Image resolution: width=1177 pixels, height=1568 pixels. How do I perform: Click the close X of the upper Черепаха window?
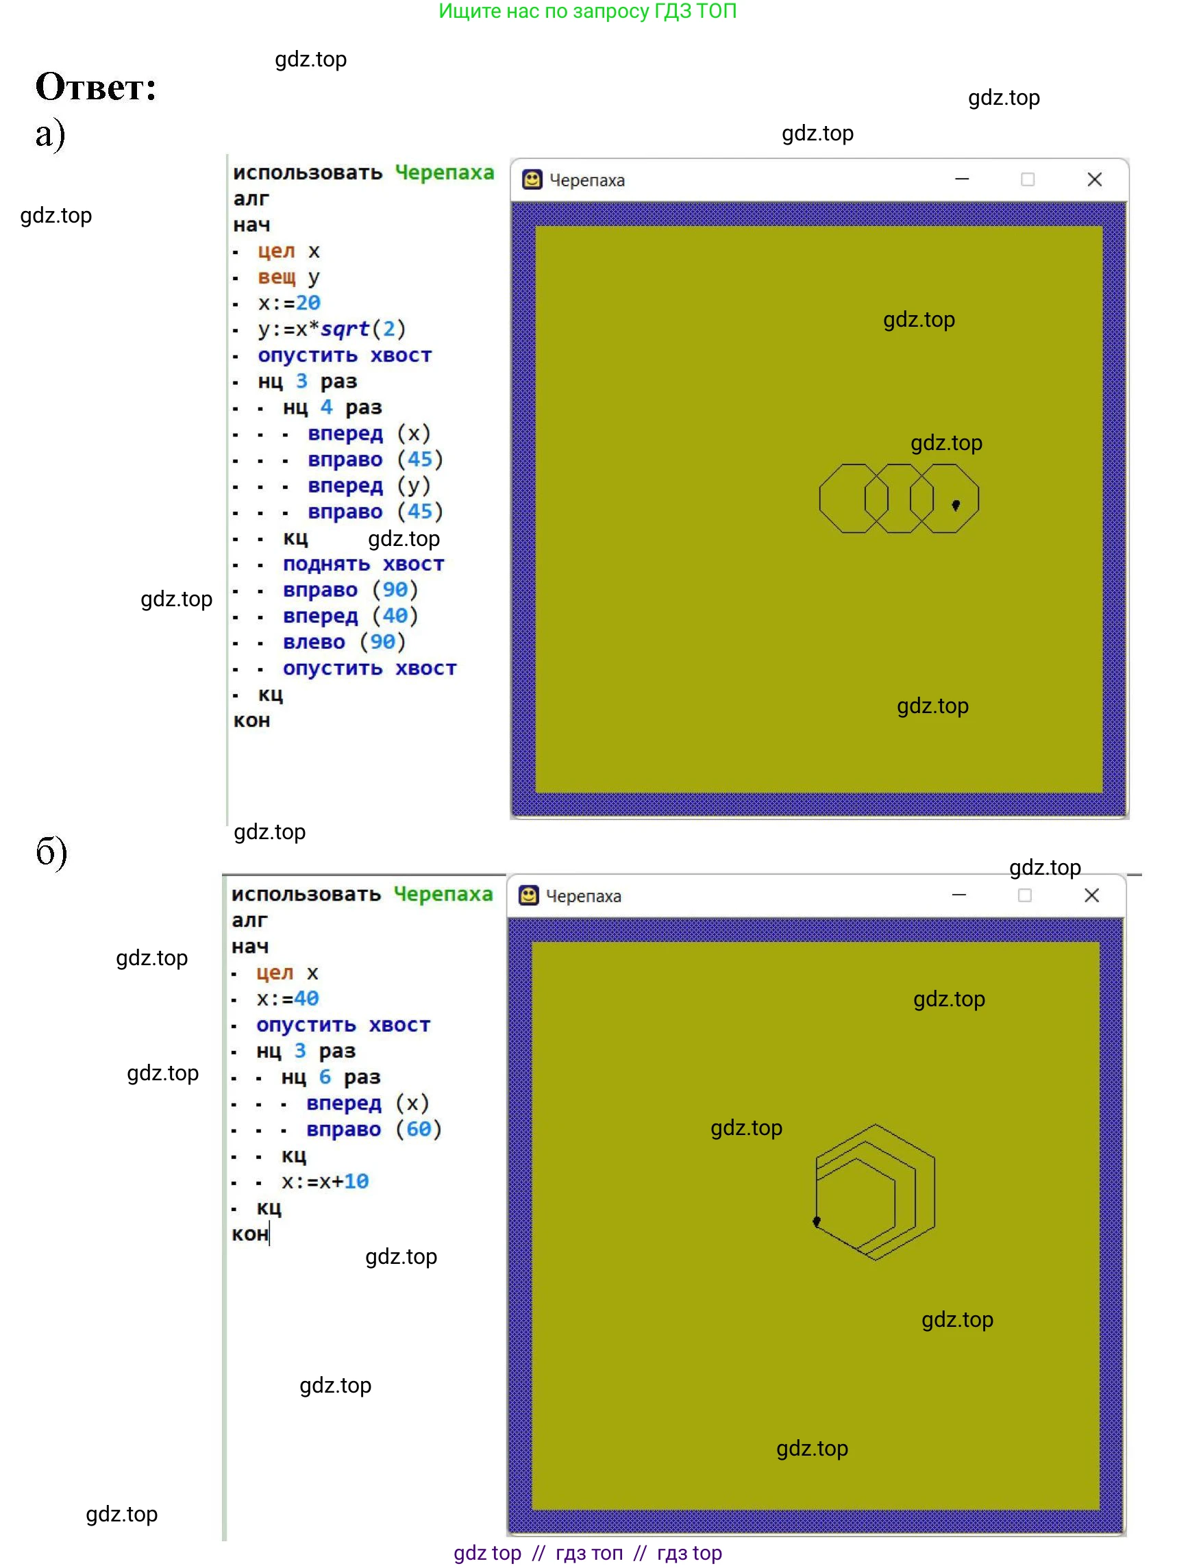(x=1094, y=180)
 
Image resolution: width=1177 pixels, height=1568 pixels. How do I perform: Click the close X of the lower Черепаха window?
(x=1091, y=896)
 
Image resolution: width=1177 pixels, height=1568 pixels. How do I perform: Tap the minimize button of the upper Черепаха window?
(x=961, y=180)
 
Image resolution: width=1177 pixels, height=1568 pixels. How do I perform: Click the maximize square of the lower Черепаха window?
(x=1024, y=896)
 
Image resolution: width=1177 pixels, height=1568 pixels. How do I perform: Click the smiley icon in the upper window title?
(x=532, y=180)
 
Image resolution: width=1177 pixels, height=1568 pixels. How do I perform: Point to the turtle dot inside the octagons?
(x=956, y=506)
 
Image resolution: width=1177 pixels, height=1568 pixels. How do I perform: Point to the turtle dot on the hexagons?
(x=817, y=1221)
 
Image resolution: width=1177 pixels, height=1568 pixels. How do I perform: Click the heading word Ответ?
(x=96, y=88)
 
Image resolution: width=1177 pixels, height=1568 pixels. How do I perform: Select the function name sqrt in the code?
(x=345, y=329)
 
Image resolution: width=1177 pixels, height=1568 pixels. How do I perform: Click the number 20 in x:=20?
(x=308, y=303)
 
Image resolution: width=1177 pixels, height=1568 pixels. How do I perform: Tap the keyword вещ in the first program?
(x=277, y=277)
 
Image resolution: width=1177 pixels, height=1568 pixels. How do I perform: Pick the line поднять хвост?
(x=363, y=564)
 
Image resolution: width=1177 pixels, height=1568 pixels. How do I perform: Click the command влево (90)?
(x=344, y=643)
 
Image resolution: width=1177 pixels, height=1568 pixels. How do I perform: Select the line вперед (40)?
(x=350, y=616)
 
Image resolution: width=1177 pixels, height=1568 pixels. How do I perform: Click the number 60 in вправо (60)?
(x=419, y=1129)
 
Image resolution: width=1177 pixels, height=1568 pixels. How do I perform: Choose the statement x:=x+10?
(x=325, y=1182)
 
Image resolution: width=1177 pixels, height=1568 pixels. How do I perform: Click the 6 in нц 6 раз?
(x=325, y=1077)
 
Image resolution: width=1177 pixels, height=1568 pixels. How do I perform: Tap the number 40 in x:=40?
(x=306, y=999)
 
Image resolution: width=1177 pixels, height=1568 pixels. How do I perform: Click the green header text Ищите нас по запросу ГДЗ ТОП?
(x=587, y=12)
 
